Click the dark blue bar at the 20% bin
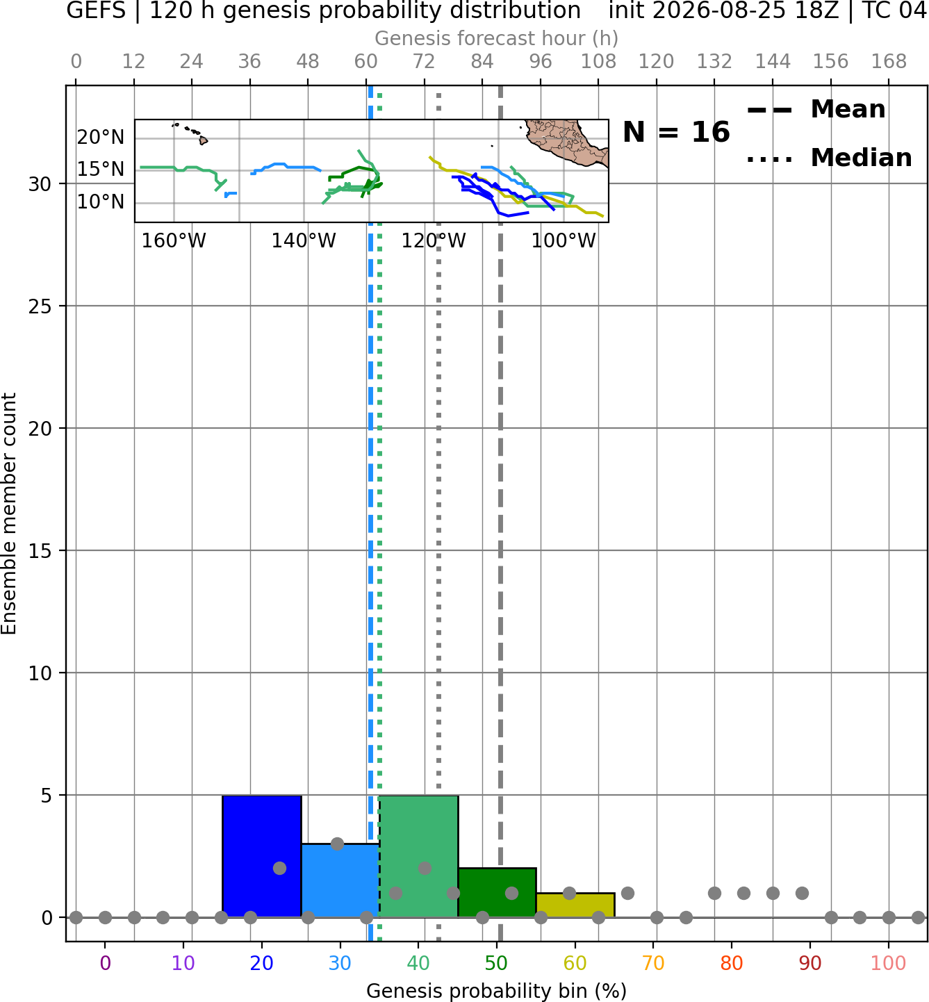click(x=262, y=856)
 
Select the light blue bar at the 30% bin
click(x=340, y=880)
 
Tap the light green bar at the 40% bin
click(x=418, y=856)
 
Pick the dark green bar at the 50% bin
click(x=497, y=892)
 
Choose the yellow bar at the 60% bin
click(x=575, y=905)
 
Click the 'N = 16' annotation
click(x=676, y=132)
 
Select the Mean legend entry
click(x=816, y=110)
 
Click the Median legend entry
click(x=829, y=158)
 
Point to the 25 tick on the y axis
click(x=40, y=306)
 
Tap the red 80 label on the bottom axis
click(x=732, y=963)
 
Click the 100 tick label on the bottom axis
click(x=888, y=963)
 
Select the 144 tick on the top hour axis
click(x=773, y=62)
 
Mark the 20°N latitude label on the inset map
click(x=101, y=137)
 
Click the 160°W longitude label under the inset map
click(x=174, y=240)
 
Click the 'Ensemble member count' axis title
click(x=9, y=514)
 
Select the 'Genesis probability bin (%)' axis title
click(x=497, y=991)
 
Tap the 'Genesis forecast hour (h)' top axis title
click(x=497, y=38)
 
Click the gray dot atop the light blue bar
click(x=338, y=844)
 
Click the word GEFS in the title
click(x=96, y=10)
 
